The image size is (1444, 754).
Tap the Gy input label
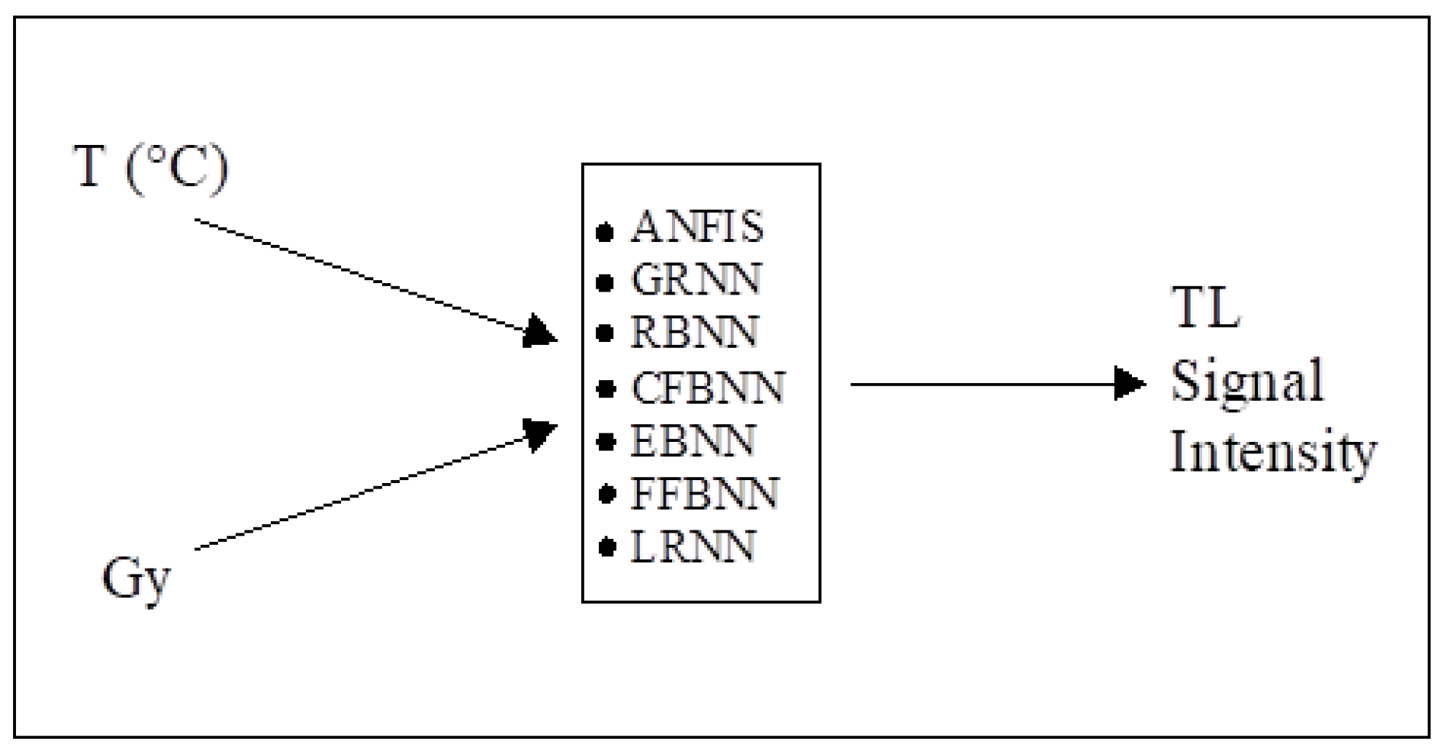pos(136,578)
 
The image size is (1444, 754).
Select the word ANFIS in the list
pos(696,227)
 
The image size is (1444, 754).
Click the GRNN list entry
pos(696,279)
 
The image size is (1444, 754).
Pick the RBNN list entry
pos(694,332)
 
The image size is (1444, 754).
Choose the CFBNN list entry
pos(707,388)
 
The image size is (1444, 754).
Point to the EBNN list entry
pos(693,440)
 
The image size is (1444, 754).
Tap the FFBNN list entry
pos(704,493)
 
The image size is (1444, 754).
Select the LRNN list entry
pos(693,546)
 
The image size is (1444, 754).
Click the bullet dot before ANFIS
pos(605,232)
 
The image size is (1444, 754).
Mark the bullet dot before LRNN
pos(607,547)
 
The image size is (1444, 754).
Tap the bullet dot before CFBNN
pos(606,389)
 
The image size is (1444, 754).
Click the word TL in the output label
pos(1205,309)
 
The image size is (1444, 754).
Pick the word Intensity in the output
pos(1272,452)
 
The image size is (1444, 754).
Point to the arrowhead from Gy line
pos(542,433)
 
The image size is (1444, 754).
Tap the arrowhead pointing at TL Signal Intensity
pos(1129,384)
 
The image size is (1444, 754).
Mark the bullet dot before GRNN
pos(606,284)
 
